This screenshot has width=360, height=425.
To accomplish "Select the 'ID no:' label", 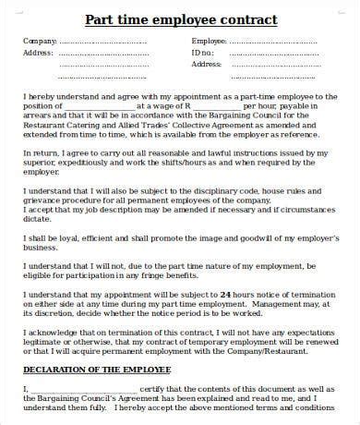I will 202,54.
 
